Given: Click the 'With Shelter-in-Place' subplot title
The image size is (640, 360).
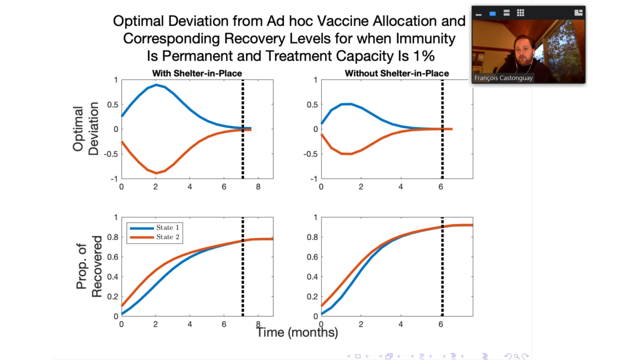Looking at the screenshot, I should [197, 73].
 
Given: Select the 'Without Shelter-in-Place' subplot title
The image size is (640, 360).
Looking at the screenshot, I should [396, 73].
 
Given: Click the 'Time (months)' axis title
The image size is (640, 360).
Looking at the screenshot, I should [297, 332].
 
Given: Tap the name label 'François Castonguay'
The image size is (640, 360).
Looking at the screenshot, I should [503, 78].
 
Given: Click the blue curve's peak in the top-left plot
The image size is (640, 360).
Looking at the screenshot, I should [156, 85].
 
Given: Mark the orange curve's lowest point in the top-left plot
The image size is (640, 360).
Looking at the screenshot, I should [156, 173].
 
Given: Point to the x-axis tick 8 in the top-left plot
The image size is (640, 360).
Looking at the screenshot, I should [258, 186].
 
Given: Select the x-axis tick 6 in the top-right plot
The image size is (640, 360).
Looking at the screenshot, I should [440, 186].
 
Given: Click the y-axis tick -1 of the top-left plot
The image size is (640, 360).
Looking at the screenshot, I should [114, 178].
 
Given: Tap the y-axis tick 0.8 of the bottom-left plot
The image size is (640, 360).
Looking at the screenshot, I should [113, 237].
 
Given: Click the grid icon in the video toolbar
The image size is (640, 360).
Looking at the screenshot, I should [520, 13].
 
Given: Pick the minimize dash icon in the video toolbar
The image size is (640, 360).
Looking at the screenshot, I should [478, 13].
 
